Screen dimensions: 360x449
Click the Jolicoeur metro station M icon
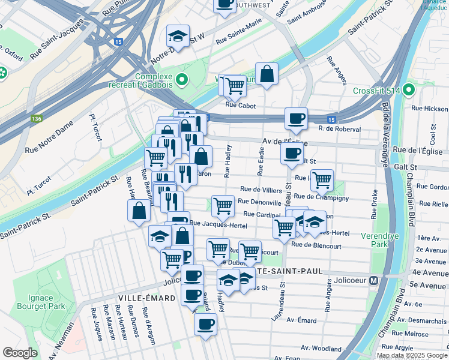tap(373, 280)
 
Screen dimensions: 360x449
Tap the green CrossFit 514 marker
tap(409, 91)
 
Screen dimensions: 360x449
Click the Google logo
tap(20, 352)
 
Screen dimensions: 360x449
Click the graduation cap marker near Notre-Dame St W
tap(178, 35)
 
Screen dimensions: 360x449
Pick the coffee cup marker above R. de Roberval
tap(295, 118)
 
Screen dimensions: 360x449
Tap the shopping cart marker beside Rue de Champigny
tap(322, 178)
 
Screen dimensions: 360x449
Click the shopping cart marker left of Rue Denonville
tap(223, 205)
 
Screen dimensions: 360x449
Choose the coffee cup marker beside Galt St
tap(292, 152)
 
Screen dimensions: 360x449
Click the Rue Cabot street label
tap(240, 105)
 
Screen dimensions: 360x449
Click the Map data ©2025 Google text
tap(411, 355)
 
